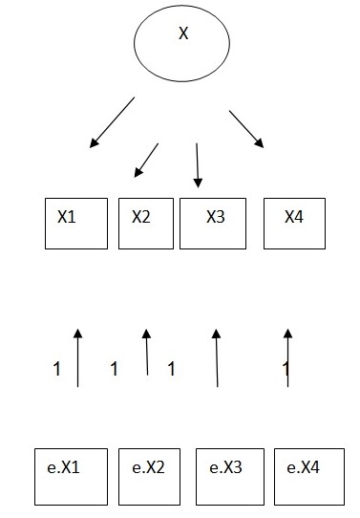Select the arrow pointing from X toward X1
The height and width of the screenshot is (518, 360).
113,122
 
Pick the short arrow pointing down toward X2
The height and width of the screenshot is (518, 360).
146,160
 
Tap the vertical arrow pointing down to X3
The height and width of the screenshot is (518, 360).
197,165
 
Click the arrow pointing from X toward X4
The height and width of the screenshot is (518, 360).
246,129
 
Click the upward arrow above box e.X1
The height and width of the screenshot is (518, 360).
78,356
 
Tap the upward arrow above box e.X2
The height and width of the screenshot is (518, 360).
147,352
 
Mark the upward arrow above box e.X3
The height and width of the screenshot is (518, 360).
217,356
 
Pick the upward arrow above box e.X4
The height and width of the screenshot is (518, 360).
287,356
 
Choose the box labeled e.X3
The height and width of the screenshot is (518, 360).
227,475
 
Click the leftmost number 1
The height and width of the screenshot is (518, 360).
57,368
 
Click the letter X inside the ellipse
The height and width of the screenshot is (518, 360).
183,34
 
